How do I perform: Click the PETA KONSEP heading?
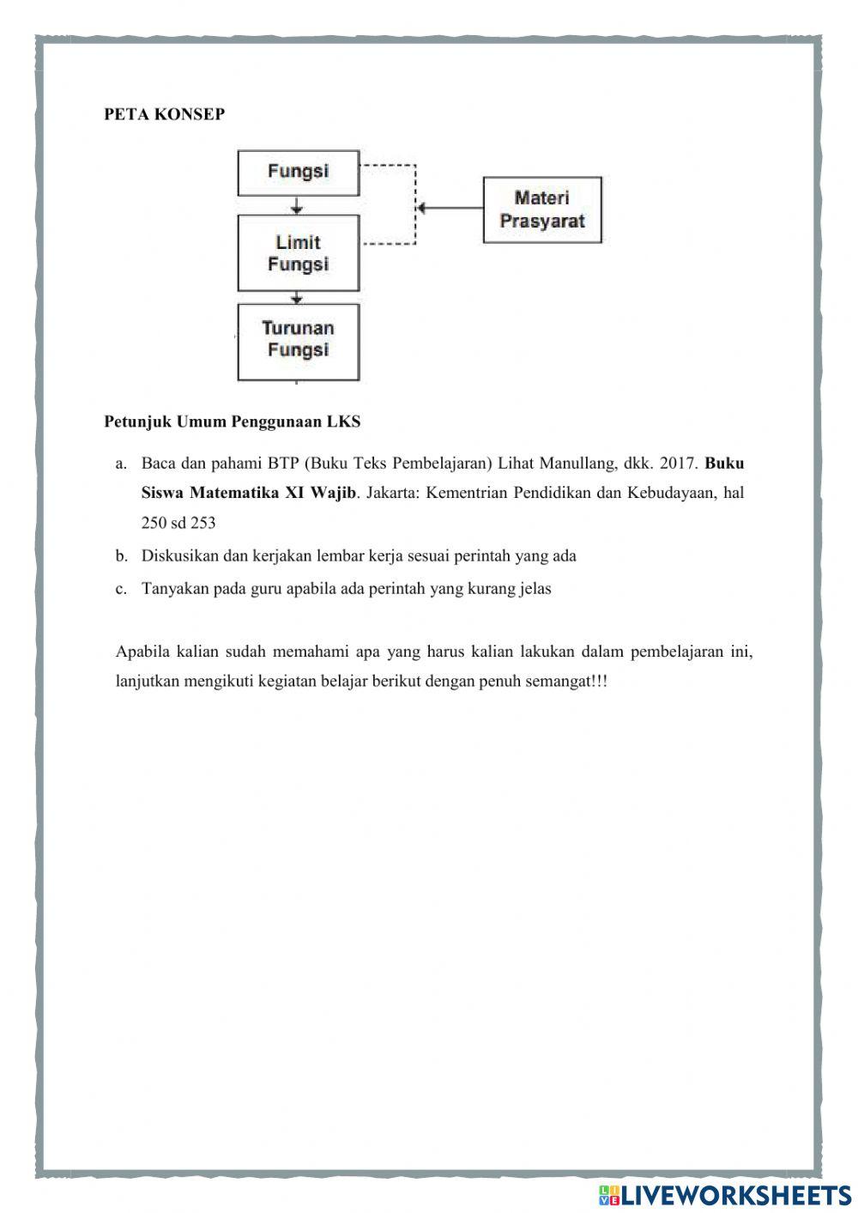tap(164, 114)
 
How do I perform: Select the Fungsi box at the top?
tap(298, 172)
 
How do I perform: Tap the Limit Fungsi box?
tap(298, 253)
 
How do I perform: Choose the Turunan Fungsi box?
tap(298, 340)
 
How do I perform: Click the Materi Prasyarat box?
tap(541, 209)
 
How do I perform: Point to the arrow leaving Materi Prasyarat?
tap(450, 208)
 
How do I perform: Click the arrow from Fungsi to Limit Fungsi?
tap(297, 206)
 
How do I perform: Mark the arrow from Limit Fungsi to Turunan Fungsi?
tap(297, 297)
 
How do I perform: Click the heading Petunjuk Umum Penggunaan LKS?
tap(232, 422)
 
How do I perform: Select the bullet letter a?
tap(121, 464)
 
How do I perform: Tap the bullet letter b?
tap(121, 556)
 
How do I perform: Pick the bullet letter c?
tap(121, 589)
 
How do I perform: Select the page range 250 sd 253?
tap(178, 523)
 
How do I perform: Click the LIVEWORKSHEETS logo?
tap(725, 1194)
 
